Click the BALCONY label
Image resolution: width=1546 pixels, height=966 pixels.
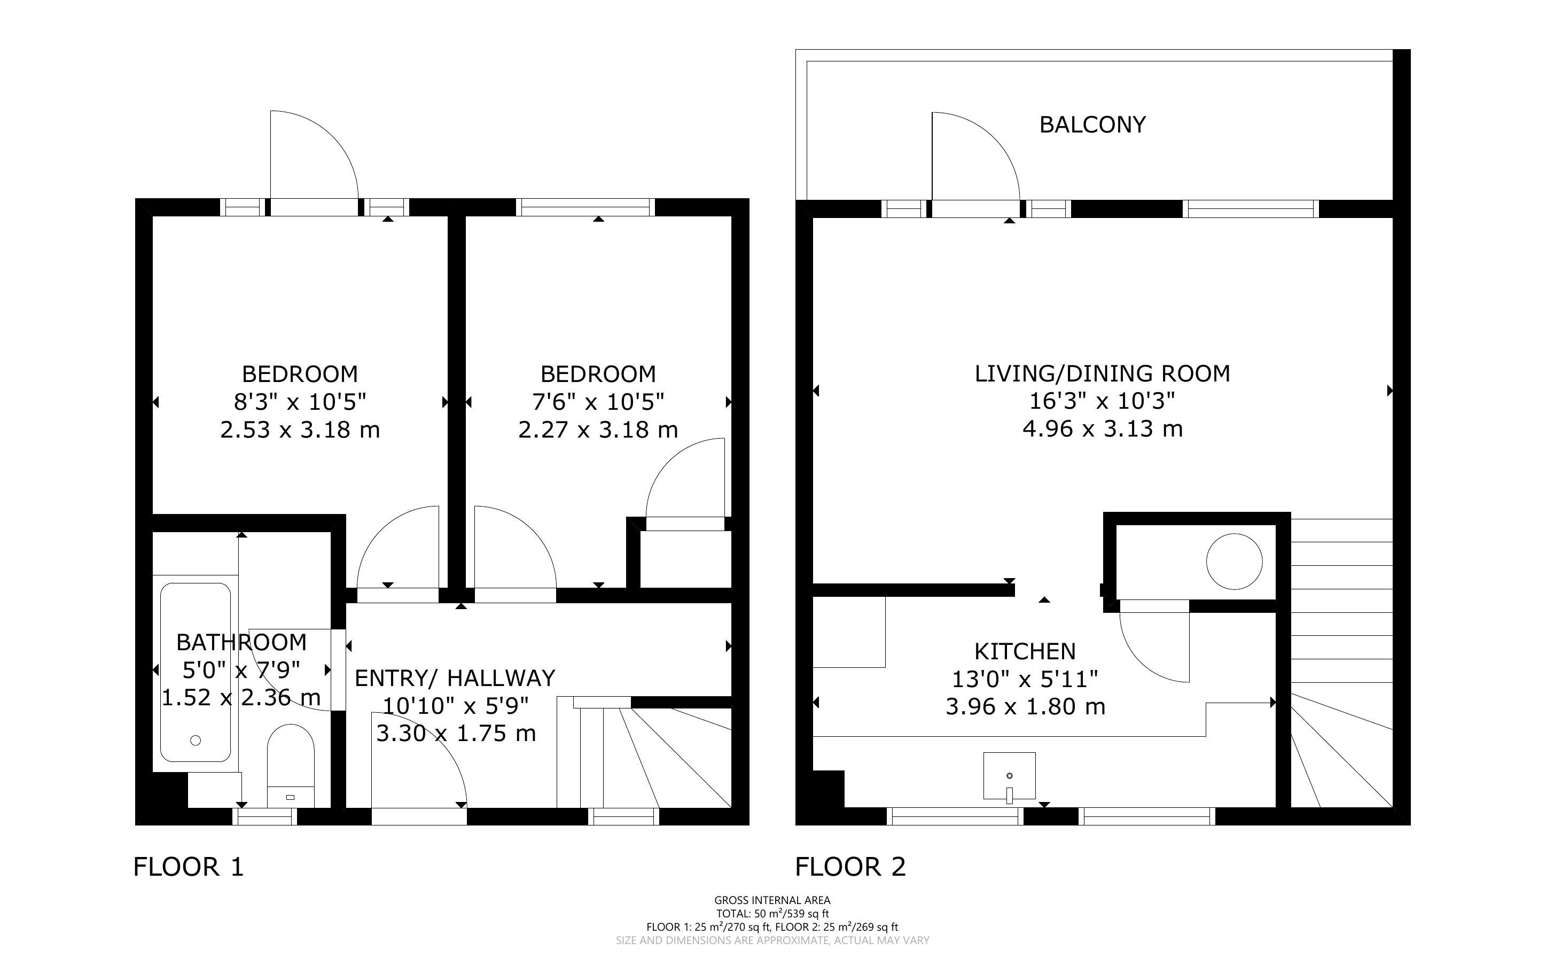coord(1092,124)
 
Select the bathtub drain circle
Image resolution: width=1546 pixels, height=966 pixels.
coord(196,741)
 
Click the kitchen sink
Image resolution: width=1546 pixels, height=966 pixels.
coord(1009,776)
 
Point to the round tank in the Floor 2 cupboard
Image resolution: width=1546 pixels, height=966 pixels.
coord(1233,562)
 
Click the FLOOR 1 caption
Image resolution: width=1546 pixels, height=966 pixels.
coord(189,867)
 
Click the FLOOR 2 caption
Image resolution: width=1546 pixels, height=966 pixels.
coord(850,867)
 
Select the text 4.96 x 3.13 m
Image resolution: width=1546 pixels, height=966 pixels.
coord(1102,428)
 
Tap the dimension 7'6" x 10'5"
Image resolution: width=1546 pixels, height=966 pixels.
coord(598,402)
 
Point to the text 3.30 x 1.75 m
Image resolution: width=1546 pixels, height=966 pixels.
coord(455,733)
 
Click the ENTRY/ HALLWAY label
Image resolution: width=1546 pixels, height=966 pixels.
coord(455,678)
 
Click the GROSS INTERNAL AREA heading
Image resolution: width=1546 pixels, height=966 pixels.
coord(772,900)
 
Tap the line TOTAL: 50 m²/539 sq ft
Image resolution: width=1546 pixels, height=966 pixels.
coord(772,914)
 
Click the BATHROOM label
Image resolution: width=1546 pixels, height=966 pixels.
coord(241,642)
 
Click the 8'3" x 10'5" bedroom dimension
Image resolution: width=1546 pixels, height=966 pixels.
coord(300,402)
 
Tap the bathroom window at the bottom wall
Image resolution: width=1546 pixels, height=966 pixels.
coord(264,816)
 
